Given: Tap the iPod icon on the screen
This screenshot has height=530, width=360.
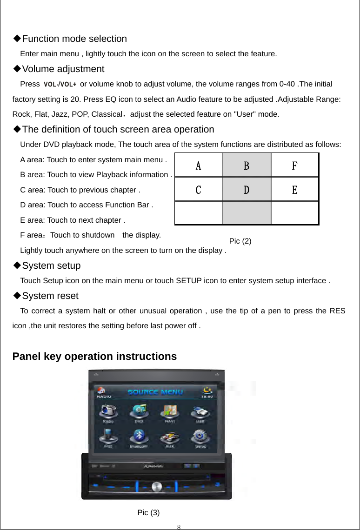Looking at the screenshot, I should tap(108, 437).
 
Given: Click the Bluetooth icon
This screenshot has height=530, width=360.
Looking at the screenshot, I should tap(139, 437).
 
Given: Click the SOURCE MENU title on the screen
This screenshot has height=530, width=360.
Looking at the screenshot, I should tap(155, 391).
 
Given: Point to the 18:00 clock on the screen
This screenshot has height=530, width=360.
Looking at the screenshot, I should tap(207, 397).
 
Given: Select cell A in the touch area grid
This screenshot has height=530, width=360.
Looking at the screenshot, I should tap(199, 166).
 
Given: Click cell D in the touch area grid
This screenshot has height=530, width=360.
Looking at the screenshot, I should tap(247, 190).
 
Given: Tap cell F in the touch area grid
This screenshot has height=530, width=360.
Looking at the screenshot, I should tap(295, 166).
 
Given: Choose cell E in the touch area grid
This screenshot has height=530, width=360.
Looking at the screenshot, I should tap(295, 190).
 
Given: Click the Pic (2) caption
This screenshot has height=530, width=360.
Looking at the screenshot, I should tap(240, 241).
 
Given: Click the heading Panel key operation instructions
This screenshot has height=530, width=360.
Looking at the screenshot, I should tap(94, 357).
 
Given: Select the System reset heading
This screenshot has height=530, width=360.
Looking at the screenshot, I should tap(50, 296).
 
